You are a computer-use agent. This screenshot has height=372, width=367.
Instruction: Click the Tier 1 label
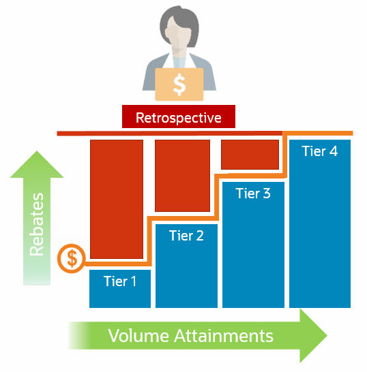click(x=120, y=280)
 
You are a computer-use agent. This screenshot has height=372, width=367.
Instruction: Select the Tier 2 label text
click(x=186, y=236)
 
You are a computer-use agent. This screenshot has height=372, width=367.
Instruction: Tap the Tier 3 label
click(x=253, y=193)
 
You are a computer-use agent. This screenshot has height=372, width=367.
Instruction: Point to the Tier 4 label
click(x=319, y=151)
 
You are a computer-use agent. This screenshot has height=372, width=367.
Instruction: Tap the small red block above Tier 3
click(x=250, y=154)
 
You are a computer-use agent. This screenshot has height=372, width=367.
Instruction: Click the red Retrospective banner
click(x=178, y=117)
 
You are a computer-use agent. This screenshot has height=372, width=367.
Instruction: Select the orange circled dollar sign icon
click(x=72, y=258)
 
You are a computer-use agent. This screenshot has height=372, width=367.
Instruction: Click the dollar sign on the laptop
click(x=179, y=84)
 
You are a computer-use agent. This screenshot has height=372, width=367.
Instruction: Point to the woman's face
click(x=179, y=37)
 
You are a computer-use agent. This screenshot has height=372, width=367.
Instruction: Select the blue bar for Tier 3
click(x=253, y=252)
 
